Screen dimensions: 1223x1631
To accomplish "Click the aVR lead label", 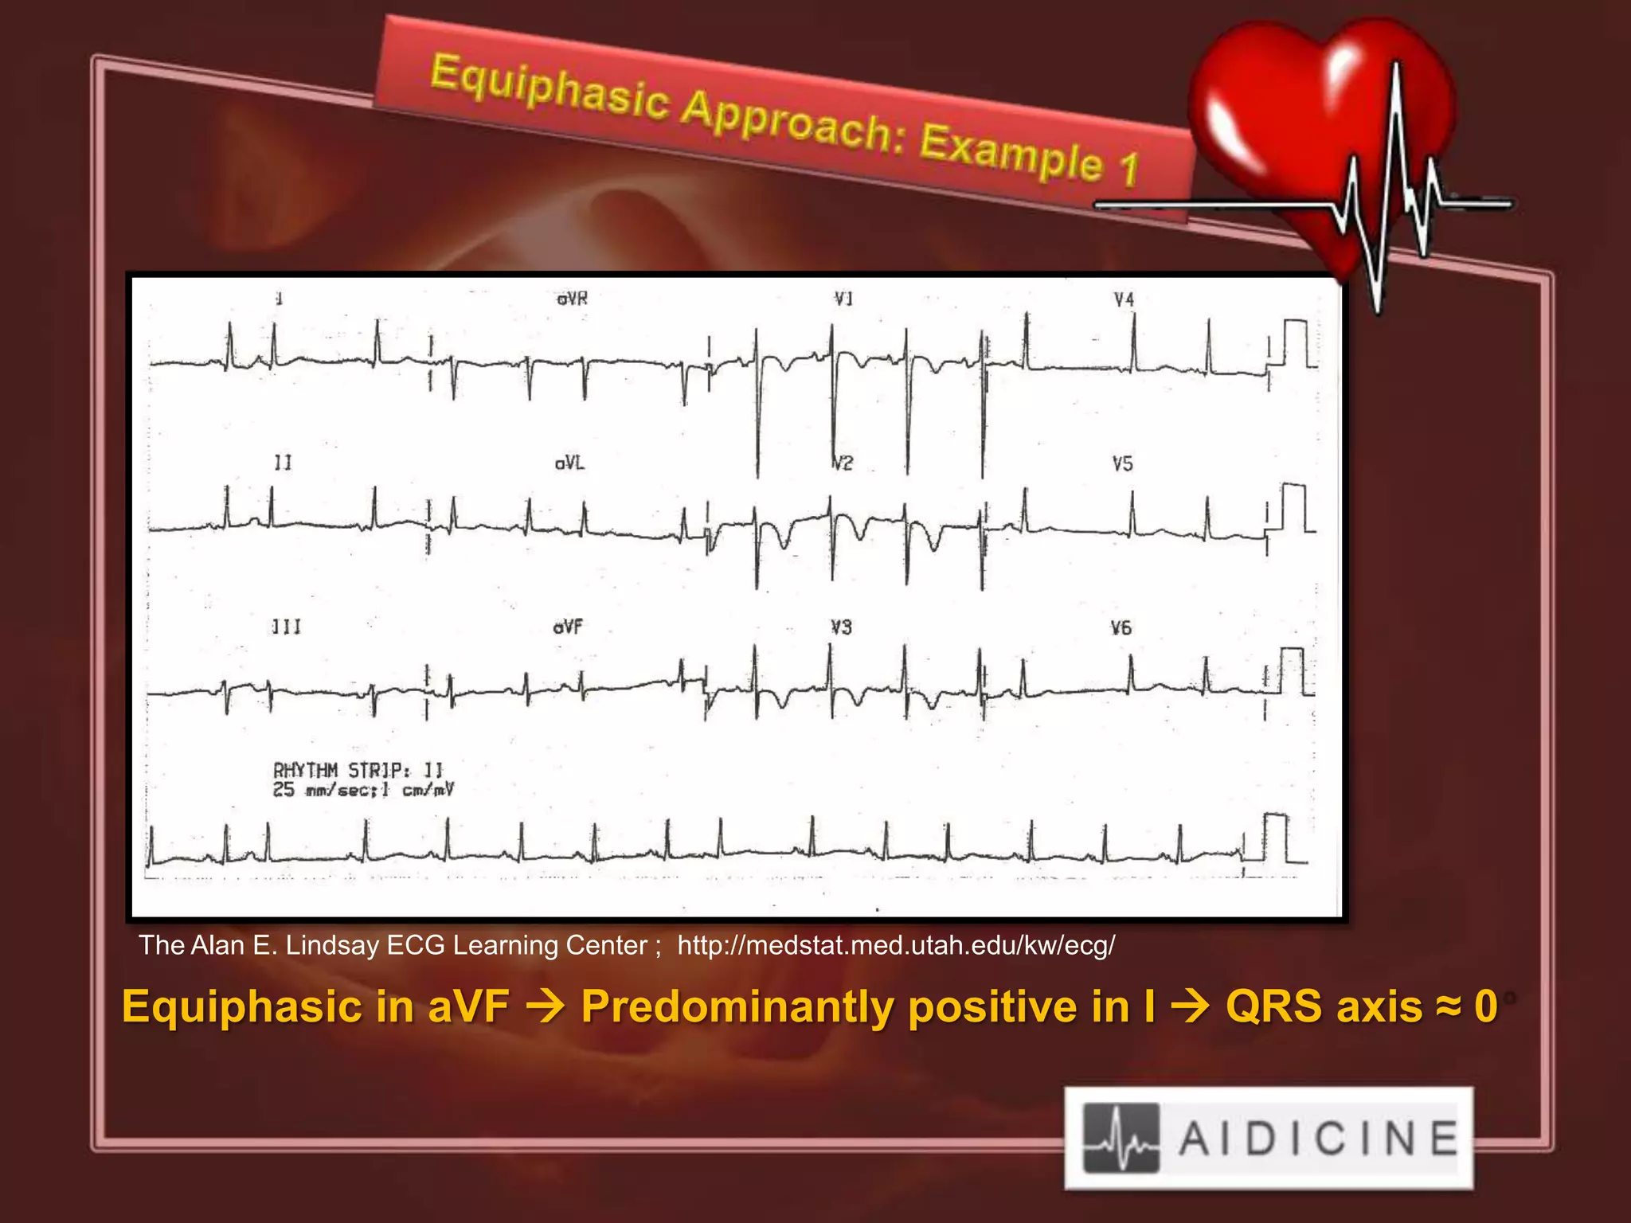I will (572, 299).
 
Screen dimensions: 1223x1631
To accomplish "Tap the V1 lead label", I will (843, 299).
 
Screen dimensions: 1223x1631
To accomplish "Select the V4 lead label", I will (1124, 300).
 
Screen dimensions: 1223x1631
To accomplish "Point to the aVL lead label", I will (570, 463).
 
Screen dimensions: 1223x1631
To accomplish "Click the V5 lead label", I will (1122, 464).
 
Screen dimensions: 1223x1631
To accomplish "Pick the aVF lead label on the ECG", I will (569, 627).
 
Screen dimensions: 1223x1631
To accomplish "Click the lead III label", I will (286, 627).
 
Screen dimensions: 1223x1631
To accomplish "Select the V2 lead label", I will (843, 463).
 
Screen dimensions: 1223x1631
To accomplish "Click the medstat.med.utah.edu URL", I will (896, 945).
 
